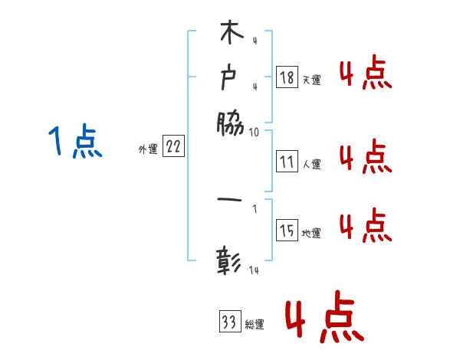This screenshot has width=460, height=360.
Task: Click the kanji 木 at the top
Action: click(230, 34)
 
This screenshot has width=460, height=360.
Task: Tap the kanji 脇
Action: click(230, 122)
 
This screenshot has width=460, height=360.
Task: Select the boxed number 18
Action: click(287, 77)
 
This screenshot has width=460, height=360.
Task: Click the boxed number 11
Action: click(287, 162)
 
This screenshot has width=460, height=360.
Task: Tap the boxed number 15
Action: click(287, 231)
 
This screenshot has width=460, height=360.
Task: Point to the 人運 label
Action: click(311, 164)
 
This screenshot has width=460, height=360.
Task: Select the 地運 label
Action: click(311, 233)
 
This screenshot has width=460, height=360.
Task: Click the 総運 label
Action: click(255, 325)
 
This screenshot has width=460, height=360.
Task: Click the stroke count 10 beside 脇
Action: click(255, 132)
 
